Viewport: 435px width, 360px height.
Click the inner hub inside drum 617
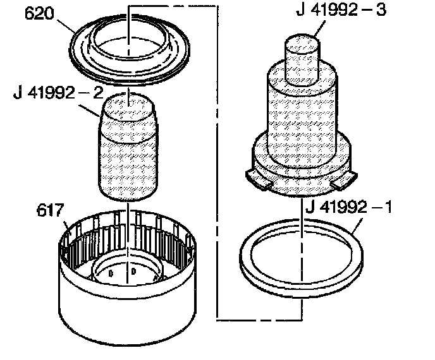129,272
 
